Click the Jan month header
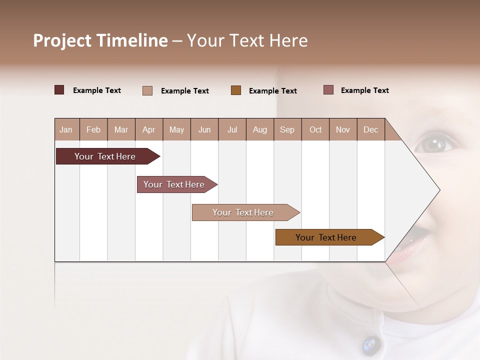[66, 129]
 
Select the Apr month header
[148, 129]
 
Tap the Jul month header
[232, 129]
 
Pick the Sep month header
[287, 129]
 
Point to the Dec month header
[370, 129]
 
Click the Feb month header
[93, 129]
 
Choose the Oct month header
[315, 129]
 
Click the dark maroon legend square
[59, 90]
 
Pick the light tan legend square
[147, 90]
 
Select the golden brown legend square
[236, 90]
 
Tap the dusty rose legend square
[328, 90]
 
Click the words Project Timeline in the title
[100, 40]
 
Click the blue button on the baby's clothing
[370, 344]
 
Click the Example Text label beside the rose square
[364, 90]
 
